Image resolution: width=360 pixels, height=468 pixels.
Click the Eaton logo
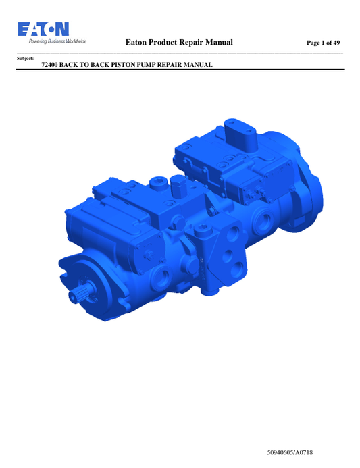click(43, 29)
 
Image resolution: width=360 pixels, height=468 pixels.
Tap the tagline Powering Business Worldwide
click(57, 41)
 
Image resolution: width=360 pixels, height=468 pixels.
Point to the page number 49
click(336, 43)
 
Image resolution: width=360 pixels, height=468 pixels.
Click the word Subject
click(25, 59)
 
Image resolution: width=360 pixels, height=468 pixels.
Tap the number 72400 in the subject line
click(49, 65)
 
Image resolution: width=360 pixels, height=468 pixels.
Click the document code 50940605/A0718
click(290, 452)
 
